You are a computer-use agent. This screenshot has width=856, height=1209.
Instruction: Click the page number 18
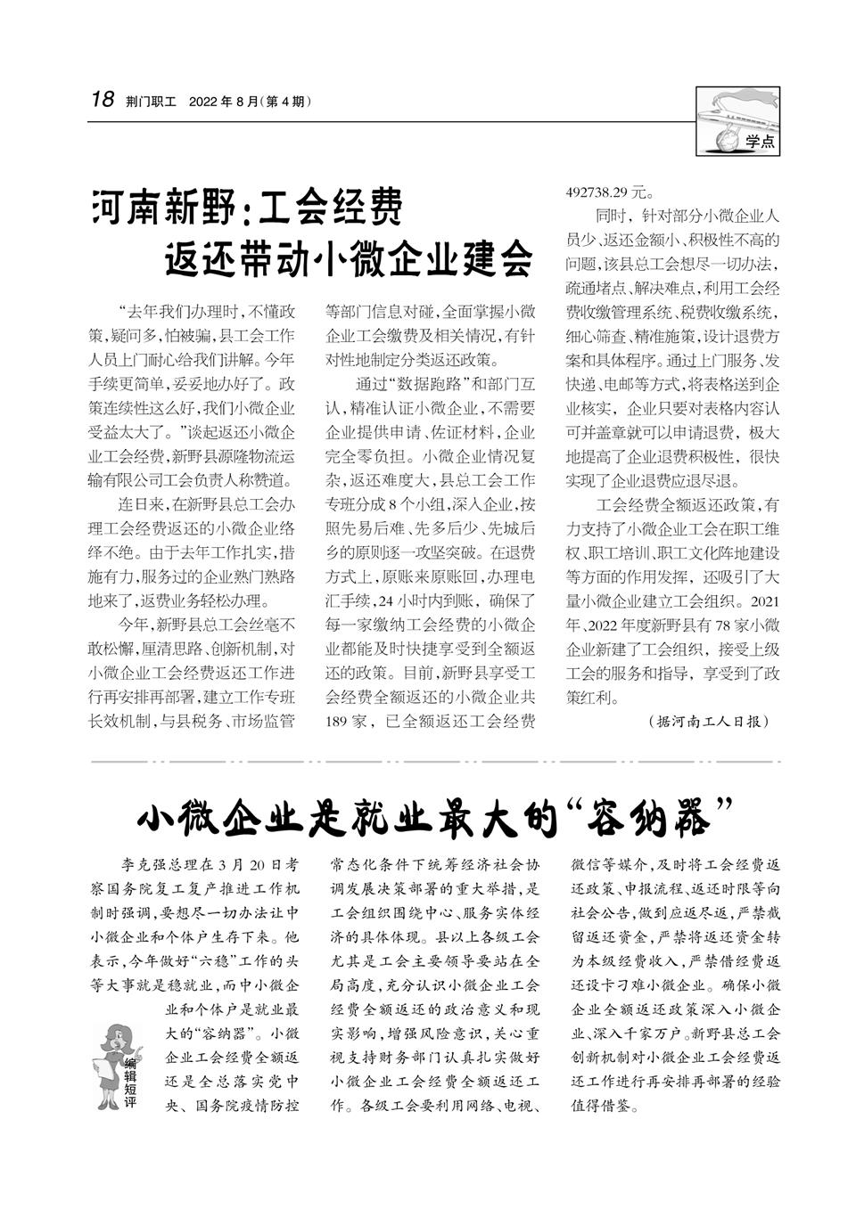click(x=102, y=100)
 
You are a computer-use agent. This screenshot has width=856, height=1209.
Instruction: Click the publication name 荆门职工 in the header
click(x=152, y=102)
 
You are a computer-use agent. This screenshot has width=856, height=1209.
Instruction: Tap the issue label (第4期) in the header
click(x=284, y=102)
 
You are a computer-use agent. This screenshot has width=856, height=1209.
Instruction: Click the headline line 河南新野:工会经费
click(x=248, y=208)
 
